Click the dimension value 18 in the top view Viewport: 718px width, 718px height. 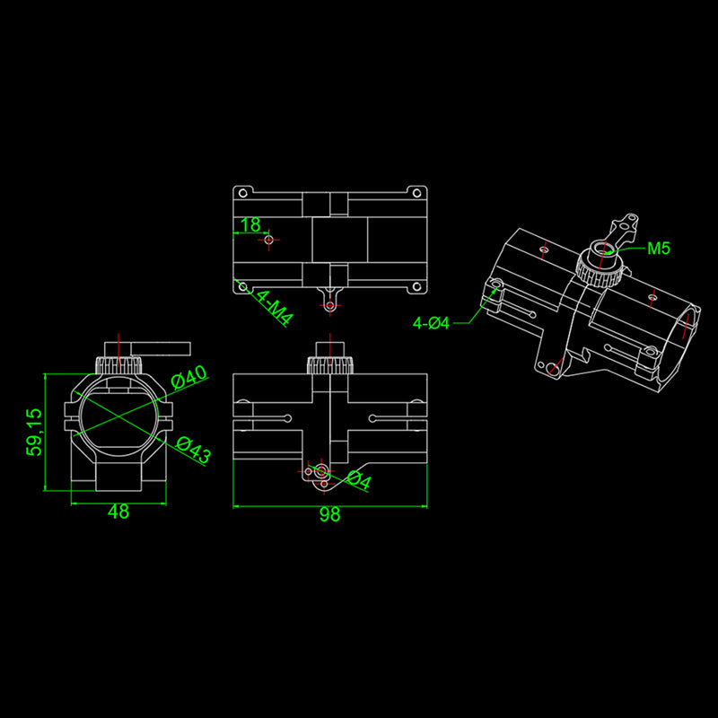[x=250, y=224]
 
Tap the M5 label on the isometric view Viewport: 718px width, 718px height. [x=659, y=249]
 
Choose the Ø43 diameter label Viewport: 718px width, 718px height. [x=193, y=449]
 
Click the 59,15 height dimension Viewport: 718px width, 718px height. [x=34, y=432]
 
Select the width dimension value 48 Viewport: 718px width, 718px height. [x=118, y=512]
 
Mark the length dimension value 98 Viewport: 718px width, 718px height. [x=330, y=514]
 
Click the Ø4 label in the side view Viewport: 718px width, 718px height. [x=358, y=481]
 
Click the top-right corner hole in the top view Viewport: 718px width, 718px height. [x=417, y=192]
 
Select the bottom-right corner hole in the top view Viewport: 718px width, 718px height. [x=417, y=287]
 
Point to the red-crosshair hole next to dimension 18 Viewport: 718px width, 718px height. [x=269, y=240]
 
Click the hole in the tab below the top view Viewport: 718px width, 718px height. [x=330, y=306]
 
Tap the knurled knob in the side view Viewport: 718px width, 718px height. [x=329, y=365]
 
